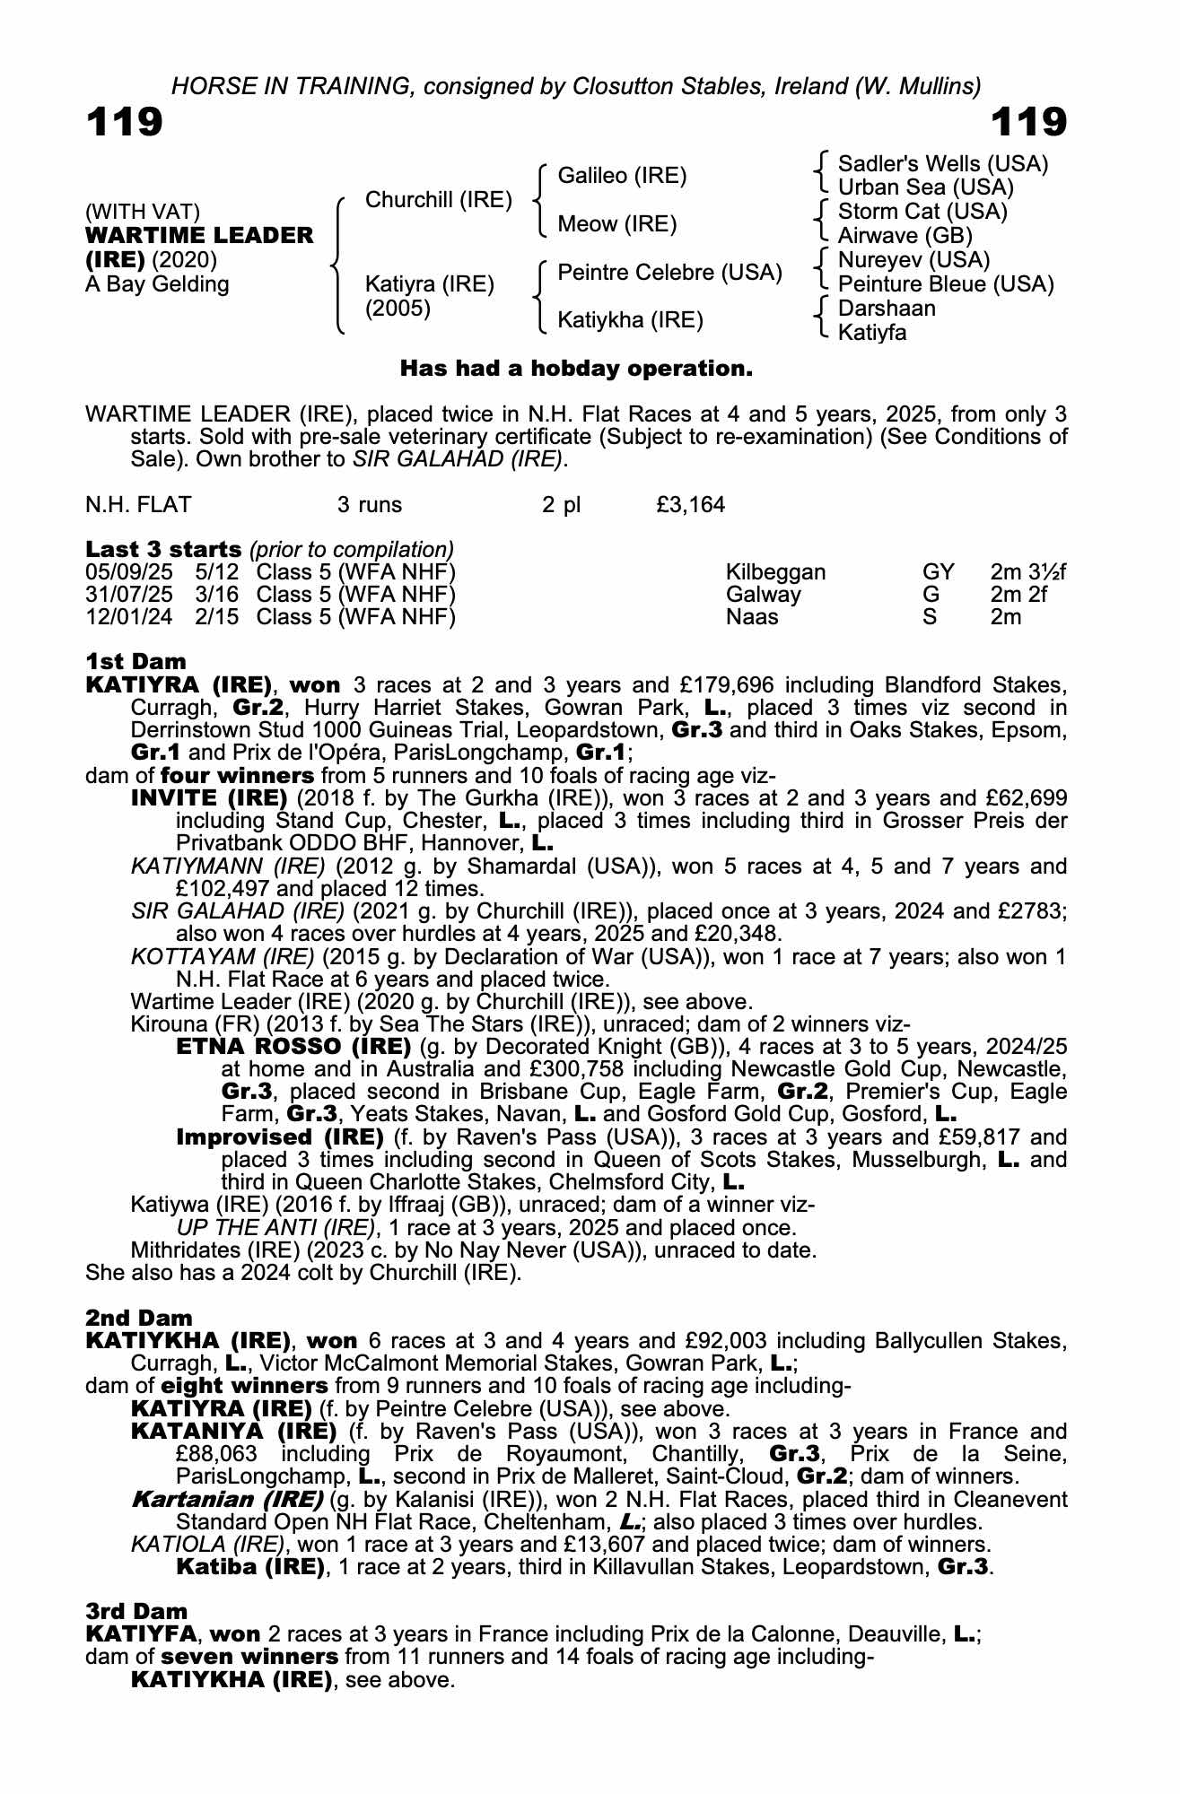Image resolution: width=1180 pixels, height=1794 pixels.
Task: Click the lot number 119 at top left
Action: point(125,122)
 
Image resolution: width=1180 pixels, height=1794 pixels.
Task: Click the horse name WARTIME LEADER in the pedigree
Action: point(199,236)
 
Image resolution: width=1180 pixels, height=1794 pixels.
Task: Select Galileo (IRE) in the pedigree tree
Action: point(622,176)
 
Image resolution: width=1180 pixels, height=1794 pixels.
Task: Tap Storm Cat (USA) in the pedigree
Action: point(922,212)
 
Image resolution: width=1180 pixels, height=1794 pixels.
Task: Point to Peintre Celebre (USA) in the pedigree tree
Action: point(669,272)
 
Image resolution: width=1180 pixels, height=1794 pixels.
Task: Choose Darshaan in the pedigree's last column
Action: point(887,309)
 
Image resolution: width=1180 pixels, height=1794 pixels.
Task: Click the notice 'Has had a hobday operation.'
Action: point(575,369)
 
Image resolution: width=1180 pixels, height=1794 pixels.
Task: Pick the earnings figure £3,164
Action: point(690,505)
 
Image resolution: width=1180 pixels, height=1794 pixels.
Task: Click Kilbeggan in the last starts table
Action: point(775,572)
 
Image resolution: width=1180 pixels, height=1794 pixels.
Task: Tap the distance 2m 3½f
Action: point(1027,572)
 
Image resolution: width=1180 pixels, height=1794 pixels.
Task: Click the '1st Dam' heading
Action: point(135,662)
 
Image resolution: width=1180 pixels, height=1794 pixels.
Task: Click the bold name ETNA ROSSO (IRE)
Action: point(293,1047)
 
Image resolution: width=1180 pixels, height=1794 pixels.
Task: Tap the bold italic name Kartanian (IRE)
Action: point(227,1500)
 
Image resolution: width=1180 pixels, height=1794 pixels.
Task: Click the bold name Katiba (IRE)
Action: point(249,1567)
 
